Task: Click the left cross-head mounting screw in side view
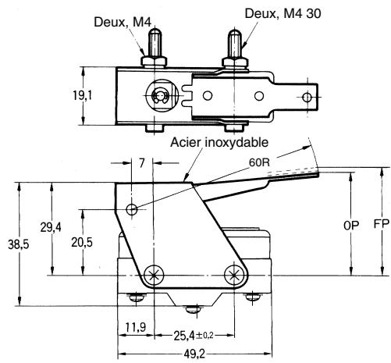(x=154, y=275)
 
